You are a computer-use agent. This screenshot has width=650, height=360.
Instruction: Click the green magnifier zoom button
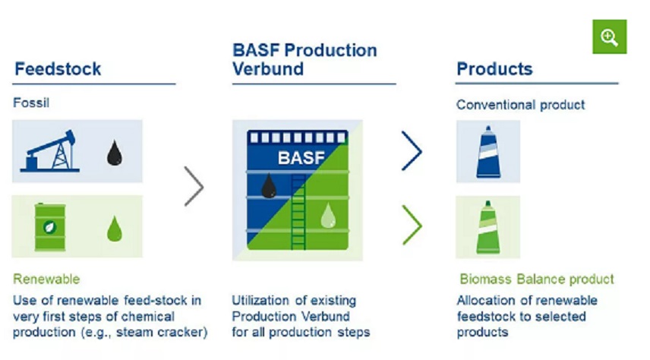click(x=609, y=36)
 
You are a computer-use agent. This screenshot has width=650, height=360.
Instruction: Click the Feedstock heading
click(x=58, y=69)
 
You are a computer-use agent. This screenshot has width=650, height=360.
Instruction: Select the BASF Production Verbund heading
click(x=304, y=60)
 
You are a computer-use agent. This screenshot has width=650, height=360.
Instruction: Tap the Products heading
click(x=494, y=69)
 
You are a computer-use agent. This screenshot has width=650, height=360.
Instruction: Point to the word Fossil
click(x=31, y=103)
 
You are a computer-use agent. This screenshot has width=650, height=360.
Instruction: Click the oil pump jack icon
click(x=52, y=151)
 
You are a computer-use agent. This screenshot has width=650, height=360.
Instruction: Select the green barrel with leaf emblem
click(x=49, y=226)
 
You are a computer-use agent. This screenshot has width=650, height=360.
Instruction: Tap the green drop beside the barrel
click(x=115, y=227)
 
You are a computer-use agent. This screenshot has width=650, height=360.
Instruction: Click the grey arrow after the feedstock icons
click(x=194, y=187)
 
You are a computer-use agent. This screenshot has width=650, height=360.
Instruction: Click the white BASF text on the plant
click(x=301, y=159)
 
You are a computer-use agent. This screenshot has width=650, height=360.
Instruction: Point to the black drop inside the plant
click(x=268, y=185)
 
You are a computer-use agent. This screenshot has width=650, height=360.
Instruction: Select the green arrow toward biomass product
click(x=412, y=226)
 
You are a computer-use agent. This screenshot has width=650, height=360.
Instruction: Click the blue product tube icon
click(x=483, y=151)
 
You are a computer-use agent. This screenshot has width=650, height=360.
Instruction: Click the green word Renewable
click(x=46, y=279)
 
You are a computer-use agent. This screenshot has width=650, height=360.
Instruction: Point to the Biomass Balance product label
click(x=537, y=279)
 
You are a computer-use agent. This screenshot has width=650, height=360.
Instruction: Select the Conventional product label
click(x=521, y=105)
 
